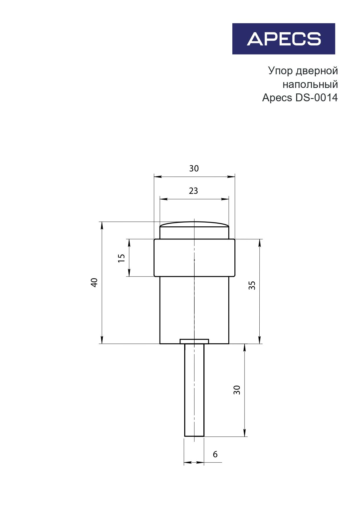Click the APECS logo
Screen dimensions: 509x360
[283, 39]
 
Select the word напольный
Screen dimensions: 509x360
[310, 84]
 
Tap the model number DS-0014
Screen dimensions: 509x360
[316, 98]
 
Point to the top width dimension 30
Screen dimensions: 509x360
[194, 169]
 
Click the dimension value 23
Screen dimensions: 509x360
[193, 191]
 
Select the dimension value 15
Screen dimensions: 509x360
[122, 258]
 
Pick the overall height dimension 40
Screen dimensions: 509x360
[94, 282]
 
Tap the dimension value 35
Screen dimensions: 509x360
[252, 285]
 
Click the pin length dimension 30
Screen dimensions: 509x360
[237, 390]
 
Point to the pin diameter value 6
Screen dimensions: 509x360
[215, 454]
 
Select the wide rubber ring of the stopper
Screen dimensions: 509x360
[174, 258]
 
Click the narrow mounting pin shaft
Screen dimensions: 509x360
[194, 392]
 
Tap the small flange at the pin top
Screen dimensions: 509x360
[194, 341]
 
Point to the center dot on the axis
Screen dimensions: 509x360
[194, 260]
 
